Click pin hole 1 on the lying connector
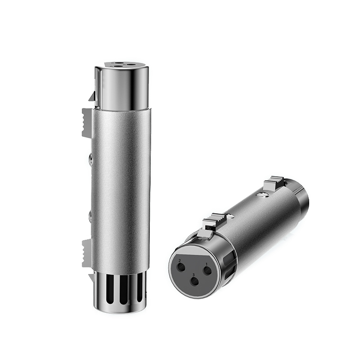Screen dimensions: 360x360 [208, 270]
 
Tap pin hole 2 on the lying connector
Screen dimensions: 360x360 [181, 267]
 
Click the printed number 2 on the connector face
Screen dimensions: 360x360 [180, 261]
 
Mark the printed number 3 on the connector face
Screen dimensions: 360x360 [193, 274]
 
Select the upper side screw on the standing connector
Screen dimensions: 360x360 [91, 158]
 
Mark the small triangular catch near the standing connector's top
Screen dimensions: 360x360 [92, 96]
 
